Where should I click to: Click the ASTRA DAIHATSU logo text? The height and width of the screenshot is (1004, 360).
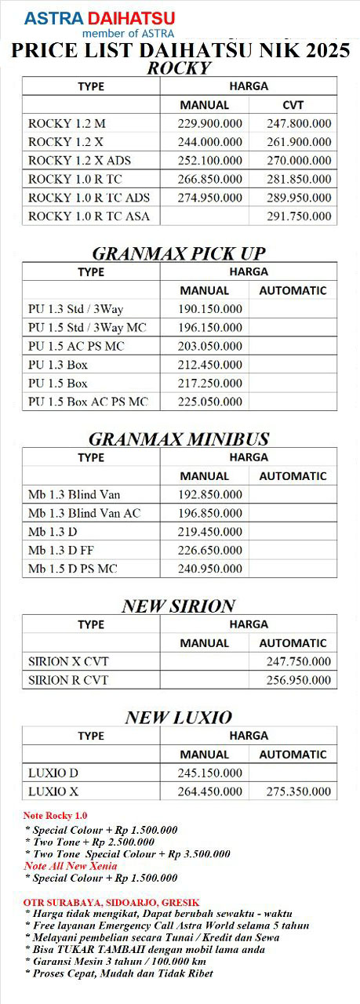point(100,18)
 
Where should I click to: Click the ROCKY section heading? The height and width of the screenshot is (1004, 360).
point(180,68)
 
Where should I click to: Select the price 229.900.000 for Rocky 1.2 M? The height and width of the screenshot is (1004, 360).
point(210,123)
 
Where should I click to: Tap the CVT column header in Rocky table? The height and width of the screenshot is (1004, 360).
point(293,104)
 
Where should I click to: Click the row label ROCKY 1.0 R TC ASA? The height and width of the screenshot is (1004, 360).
point(89,216)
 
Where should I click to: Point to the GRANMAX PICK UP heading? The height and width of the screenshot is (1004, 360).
point(179,253)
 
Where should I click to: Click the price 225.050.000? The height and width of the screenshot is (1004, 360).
point(210,402)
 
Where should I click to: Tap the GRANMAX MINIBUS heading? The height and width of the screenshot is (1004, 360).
point(179,438)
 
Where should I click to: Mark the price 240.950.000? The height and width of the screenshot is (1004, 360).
point(210,569)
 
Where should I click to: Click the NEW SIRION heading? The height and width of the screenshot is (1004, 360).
point(179,606)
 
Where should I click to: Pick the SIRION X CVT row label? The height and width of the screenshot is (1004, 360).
point(68,661)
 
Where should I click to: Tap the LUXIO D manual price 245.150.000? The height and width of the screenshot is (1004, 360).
point(210,773)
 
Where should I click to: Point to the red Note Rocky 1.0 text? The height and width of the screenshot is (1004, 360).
point(56,816)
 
